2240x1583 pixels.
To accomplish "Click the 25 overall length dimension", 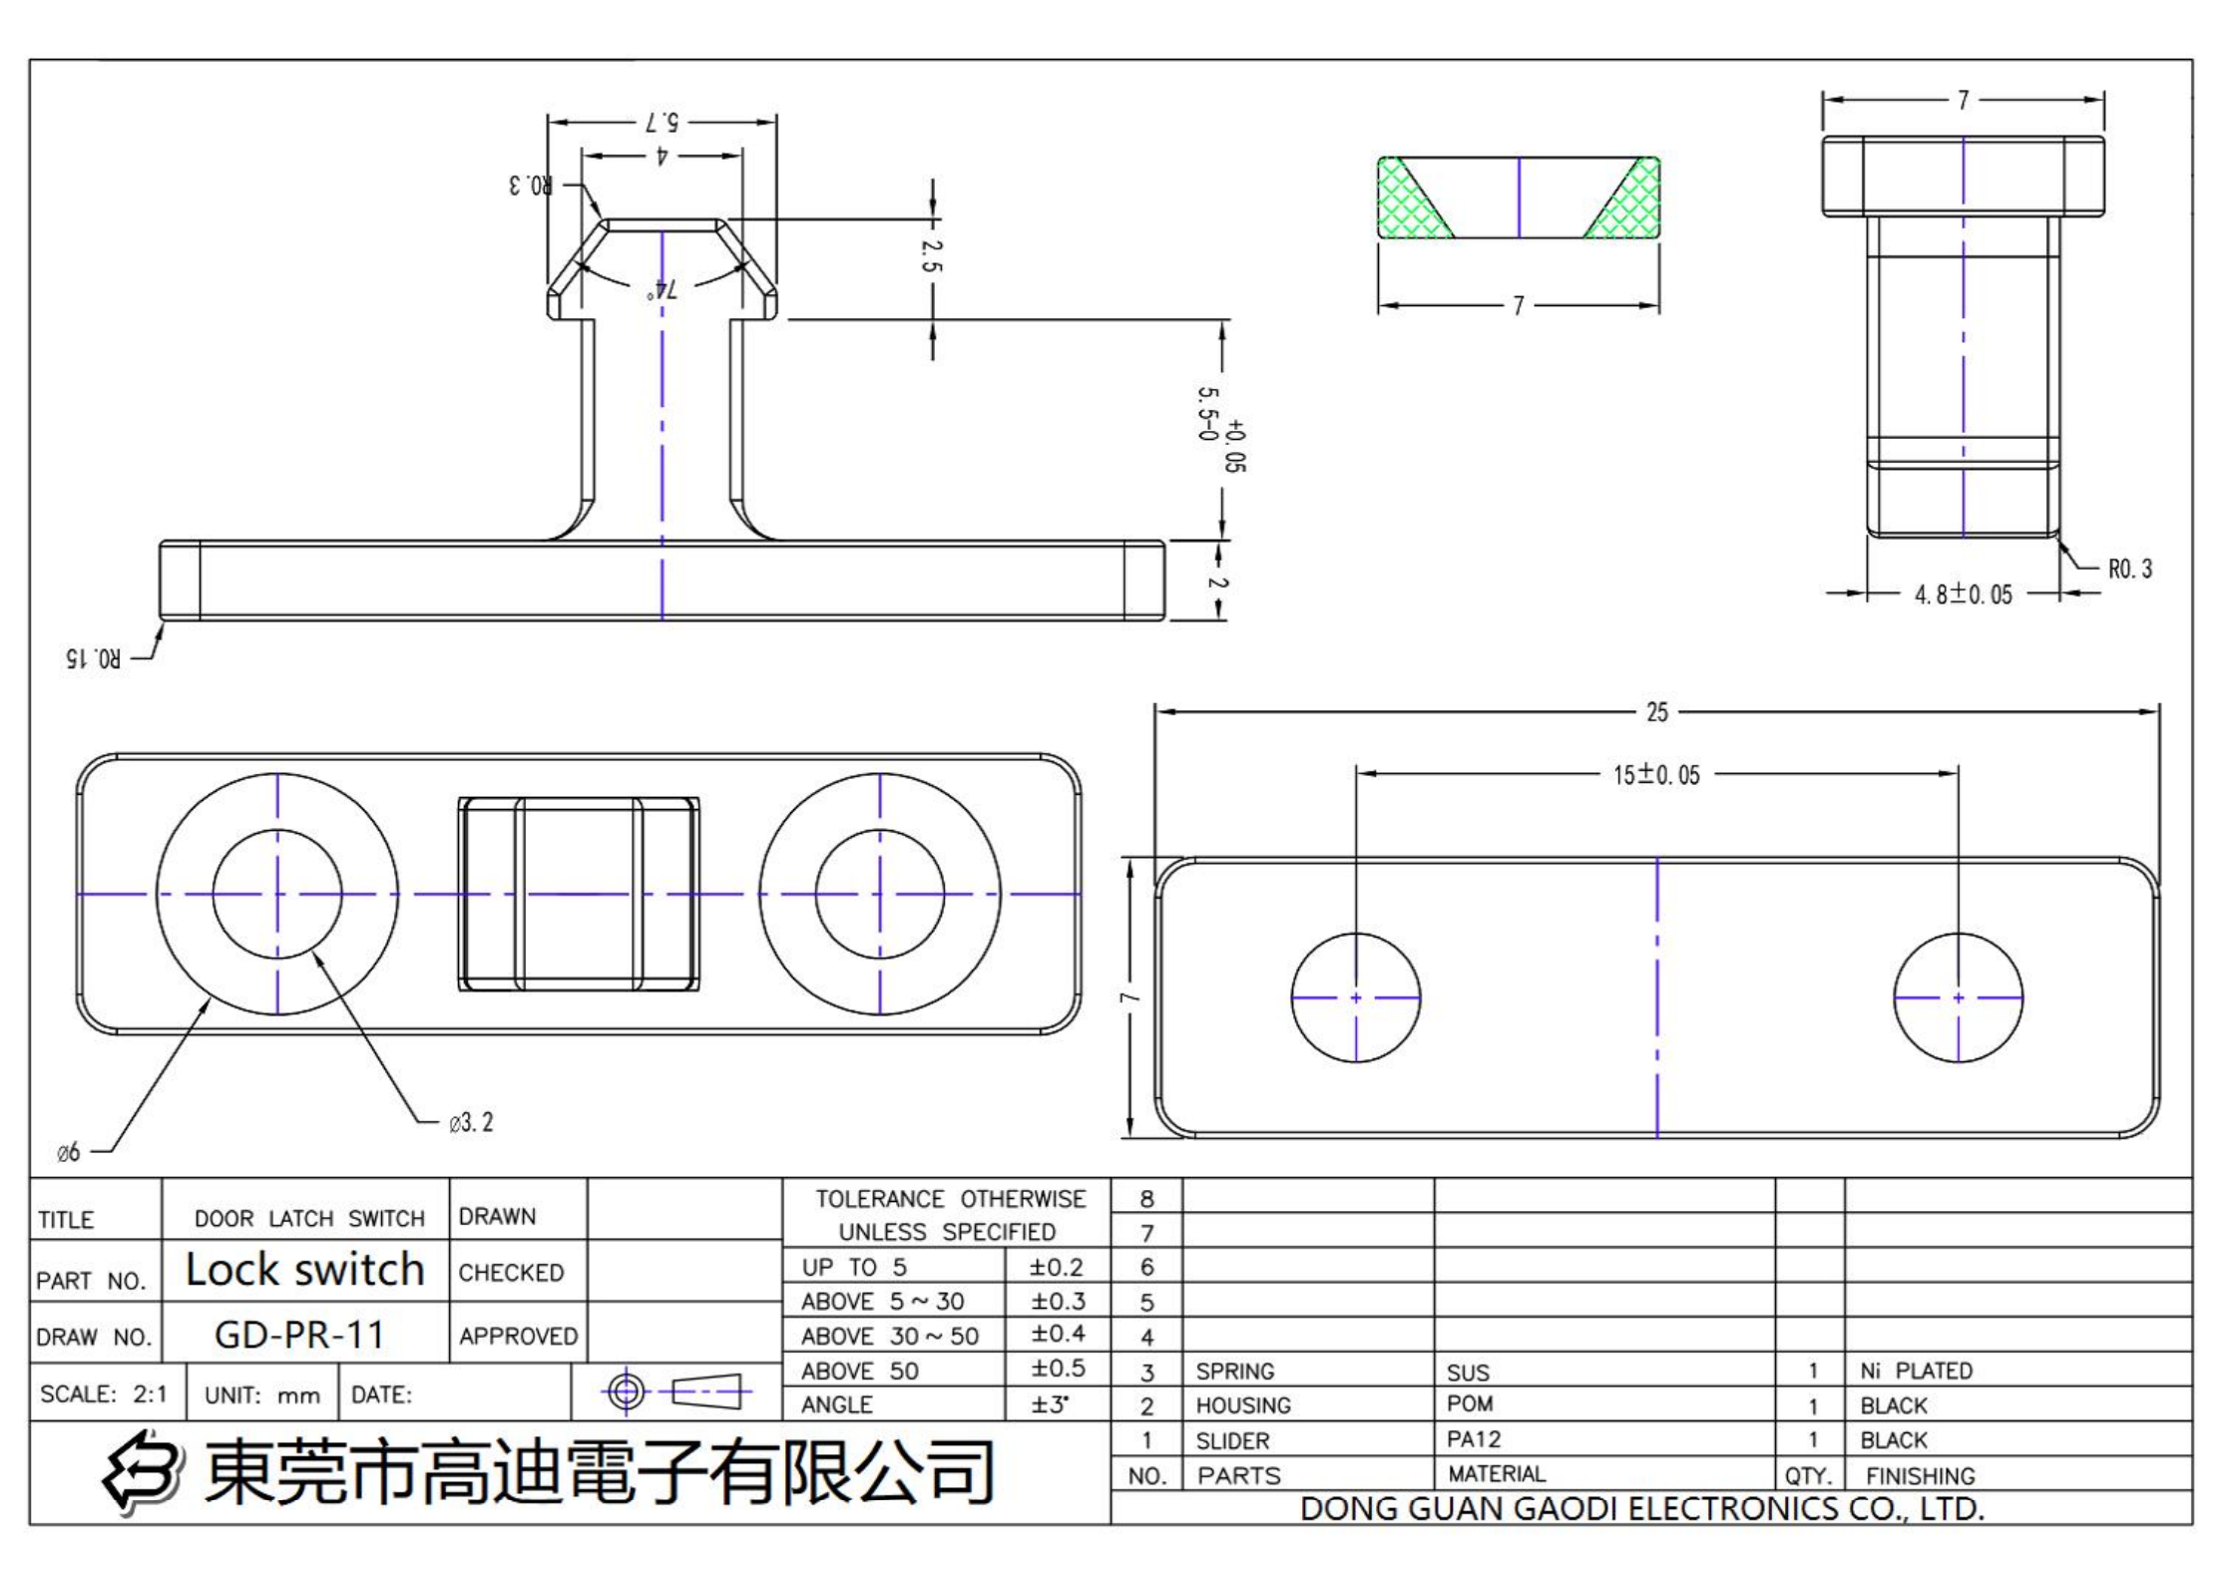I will click(x=1656, y=712).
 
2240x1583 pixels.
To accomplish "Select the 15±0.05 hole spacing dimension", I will click(x=1656, y=775).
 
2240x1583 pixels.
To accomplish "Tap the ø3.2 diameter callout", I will click(x=471, y=1123).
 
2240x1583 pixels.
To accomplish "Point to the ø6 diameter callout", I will click(x=69, y=1153).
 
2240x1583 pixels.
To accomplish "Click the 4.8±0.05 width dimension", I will click(x=1963, y=594).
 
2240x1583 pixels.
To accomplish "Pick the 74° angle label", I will click(x=662, y=290).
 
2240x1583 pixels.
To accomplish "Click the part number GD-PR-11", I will click(x=299, y=1335).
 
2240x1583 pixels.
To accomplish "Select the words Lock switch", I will click(x=305, y=1270).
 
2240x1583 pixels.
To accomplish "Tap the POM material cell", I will click(x=1470, y=1404).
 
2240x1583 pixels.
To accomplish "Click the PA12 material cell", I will click(x=1474, y=1439).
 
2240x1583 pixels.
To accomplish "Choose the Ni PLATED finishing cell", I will click(x=1916, y=1371).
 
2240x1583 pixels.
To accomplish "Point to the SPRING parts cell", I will click(x=1234, y=1372).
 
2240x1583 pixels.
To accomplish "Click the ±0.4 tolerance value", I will click(x=1057, y=1335).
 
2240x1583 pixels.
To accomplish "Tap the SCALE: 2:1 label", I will click(x=104, y=1394).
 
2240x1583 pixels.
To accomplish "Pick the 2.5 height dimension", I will click(x=931, y=255).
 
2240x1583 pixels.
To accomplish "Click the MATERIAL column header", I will click(x=1496, y=1474).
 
